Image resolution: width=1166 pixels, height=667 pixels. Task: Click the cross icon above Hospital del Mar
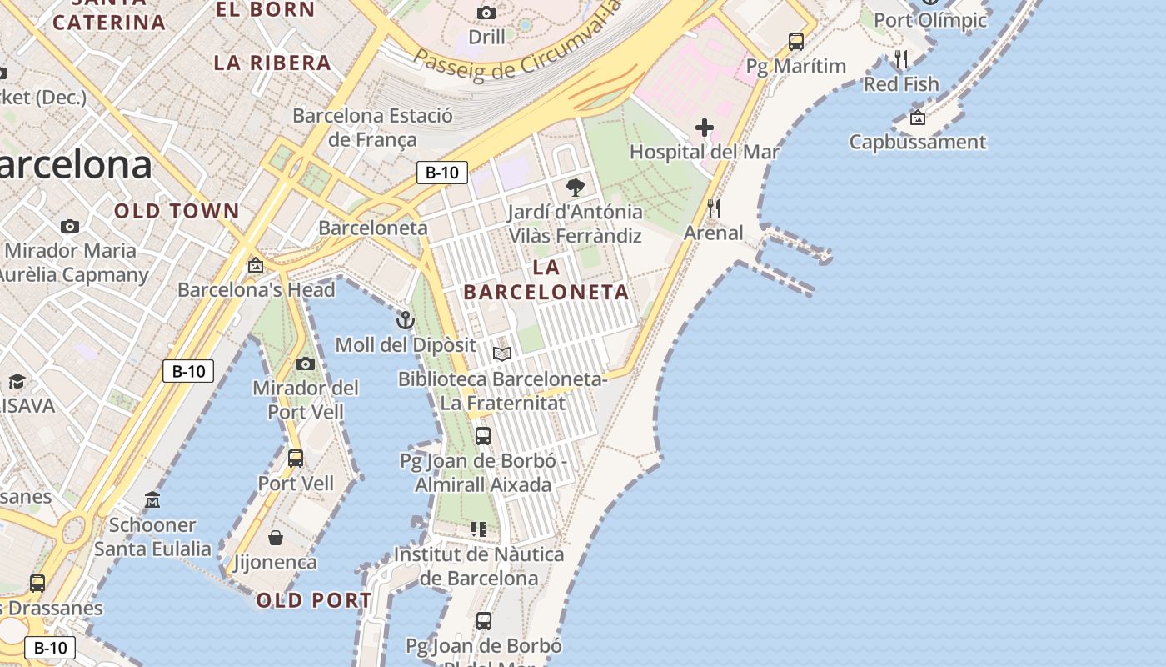click(705, 128)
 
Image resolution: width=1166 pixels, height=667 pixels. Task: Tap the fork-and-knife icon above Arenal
click(713, 208)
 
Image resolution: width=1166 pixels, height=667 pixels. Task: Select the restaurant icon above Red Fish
click(901, 59)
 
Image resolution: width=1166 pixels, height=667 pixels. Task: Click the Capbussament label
click(917, 142)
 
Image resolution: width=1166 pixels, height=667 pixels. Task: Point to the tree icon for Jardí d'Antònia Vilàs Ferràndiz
click(575, 187)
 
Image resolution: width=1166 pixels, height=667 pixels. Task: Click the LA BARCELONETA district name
click(546, 280)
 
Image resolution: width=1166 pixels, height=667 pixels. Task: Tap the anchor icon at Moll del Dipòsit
click(405, 320)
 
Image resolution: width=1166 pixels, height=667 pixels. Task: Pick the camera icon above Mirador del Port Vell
click(306, 364)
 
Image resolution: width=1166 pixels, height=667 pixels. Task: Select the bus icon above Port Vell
click(296, 458)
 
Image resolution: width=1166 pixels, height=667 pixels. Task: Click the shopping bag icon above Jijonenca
click(276, 538)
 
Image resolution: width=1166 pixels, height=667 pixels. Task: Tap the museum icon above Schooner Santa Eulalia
click(152, 500)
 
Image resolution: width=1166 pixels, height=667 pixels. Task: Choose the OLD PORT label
click(314, 600)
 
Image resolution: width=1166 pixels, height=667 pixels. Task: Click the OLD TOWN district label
click(177, 211)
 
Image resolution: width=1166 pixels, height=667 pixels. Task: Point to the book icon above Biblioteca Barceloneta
click(502, 354)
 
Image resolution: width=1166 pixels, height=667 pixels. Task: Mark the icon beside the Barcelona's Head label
click(256, 265)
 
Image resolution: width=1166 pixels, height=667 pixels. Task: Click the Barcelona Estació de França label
click(372, 128)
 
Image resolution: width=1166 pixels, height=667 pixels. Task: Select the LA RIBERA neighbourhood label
click(272, 63)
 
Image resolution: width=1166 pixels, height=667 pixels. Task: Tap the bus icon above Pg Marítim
click(796, 41)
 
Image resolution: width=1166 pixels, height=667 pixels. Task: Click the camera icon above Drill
click(486, 13)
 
